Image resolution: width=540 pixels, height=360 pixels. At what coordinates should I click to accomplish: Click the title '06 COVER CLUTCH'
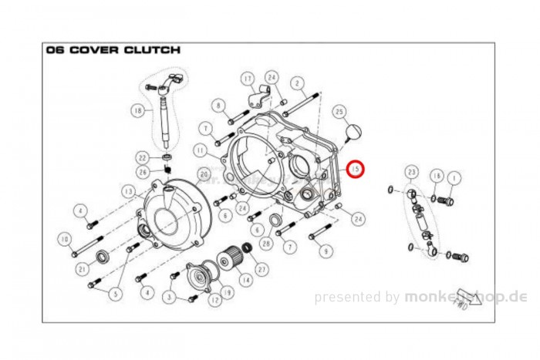[113, 50]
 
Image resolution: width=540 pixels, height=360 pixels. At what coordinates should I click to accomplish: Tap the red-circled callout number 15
[356, 168]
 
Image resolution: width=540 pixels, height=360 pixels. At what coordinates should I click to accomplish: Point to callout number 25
[339, 113]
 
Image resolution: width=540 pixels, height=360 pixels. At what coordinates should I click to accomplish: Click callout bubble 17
[247, 79]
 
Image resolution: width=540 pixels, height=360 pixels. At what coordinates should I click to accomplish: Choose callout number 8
[218, 105]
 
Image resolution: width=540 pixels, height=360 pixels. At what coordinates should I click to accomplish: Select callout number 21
[81, 268]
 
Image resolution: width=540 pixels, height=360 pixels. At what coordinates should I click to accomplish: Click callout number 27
[262, 269]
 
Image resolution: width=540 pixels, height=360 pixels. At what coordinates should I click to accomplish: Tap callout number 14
[245, 282]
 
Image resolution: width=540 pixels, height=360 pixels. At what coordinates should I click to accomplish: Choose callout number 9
[324, 251]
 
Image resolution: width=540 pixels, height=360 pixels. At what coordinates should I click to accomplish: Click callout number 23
[411, 172]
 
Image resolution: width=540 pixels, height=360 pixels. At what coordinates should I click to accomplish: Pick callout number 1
[453, 177]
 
